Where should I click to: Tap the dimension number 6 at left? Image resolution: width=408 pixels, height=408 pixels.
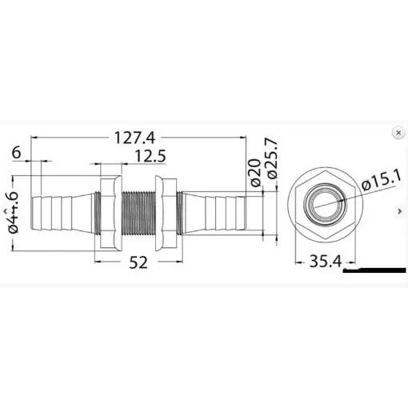click(x=17, y=153)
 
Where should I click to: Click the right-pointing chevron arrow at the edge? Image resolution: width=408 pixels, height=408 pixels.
click(x=398, y=210)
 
